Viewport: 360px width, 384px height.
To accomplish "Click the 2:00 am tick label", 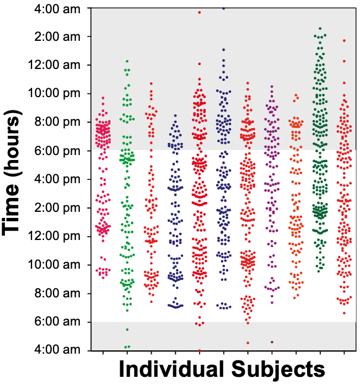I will [53, 36].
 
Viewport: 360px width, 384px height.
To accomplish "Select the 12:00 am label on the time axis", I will [51, 65].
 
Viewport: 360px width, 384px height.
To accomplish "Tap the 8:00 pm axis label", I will [53, 122].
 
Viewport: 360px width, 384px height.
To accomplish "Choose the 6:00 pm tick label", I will [53, 151].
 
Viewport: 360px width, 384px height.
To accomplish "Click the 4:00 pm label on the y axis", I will [53, 179].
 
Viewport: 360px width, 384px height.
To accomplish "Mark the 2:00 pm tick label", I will [53, 208].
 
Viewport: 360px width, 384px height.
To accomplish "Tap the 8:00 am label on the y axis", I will [53, 294].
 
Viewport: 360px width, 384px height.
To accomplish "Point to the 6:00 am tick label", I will [53, 322].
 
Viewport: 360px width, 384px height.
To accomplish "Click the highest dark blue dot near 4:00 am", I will [223, 8].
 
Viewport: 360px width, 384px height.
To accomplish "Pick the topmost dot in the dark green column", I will [320, 28].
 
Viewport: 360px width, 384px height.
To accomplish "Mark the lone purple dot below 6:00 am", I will [271, 342].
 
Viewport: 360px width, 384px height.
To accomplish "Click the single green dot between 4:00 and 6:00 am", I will [127, 330].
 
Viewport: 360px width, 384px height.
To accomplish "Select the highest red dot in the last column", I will [344, 40].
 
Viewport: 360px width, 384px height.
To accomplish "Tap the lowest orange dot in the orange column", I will [296, 298].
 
